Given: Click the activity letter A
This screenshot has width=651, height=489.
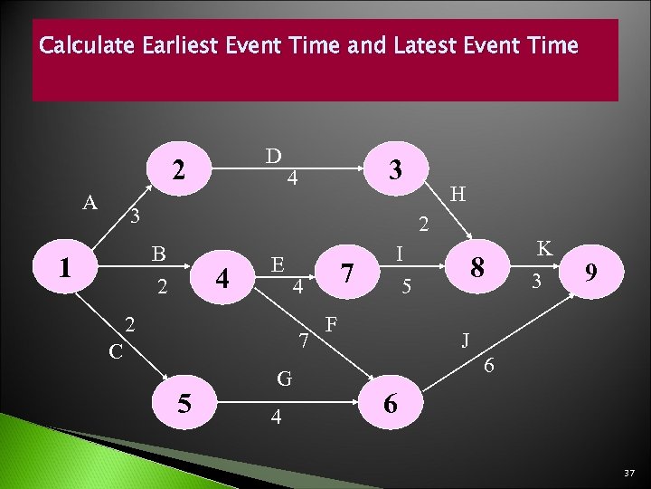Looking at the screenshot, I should coord(90,202).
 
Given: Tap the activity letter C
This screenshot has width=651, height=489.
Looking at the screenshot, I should coord(114,350).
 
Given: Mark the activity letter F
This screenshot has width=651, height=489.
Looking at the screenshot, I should coord(332,323).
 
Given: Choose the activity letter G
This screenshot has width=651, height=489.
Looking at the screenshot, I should coord(284,379).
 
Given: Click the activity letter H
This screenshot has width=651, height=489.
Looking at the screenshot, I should coord(458,194).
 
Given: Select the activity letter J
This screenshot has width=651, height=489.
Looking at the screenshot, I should coord(465,340).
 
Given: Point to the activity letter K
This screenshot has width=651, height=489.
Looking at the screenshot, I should coord(544,248).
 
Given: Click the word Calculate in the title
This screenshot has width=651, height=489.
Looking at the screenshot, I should coord(88,44).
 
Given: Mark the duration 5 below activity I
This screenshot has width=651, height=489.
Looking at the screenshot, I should coord(407,289).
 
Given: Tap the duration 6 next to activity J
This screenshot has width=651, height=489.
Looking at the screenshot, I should coord(488,365).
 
